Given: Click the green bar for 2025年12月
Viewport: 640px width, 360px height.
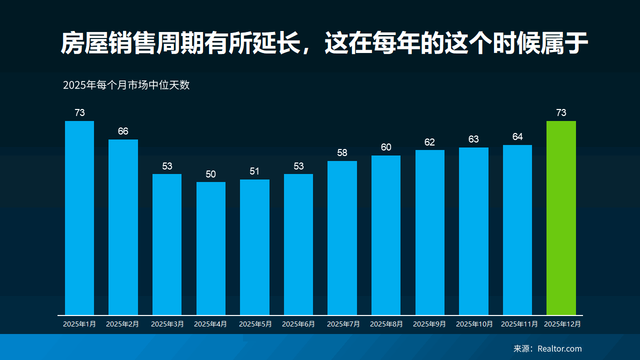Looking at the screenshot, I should coord(561,218).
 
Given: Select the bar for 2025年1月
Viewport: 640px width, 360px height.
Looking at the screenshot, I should coord(79,218).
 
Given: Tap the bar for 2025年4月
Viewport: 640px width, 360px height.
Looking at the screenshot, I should coord(211,248).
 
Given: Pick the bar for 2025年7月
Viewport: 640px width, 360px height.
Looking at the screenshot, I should coord(342,238).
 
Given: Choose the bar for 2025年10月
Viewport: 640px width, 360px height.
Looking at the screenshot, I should coord(473,231).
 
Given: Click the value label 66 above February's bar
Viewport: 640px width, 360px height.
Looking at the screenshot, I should coord(123,131).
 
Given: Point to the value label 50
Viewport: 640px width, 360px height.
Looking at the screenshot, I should coord(211,174).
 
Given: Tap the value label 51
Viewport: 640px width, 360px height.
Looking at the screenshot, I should coord(254,171).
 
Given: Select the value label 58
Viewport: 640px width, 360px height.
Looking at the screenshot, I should coord(342,153).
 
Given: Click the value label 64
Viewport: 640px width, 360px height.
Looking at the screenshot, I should coord(517,137).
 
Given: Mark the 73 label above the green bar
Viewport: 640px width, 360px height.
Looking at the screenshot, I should coord(561,113).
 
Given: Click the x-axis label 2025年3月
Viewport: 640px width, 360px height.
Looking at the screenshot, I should coord(167,324).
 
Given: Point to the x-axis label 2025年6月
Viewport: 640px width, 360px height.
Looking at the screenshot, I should coord(298,324).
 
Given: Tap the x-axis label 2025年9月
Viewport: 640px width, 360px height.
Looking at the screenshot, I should coord(429,324).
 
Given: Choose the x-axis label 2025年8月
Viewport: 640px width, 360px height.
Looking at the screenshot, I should coord(386,324).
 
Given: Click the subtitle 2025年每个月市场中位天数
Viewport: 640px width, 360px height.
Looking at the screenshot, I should coord(126,85).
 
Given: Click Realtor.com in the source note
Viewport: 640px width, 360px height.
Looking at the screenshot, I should coord(559,348).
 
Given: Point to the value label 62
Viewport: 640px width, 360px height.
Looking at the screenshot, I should coord(429,142).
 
